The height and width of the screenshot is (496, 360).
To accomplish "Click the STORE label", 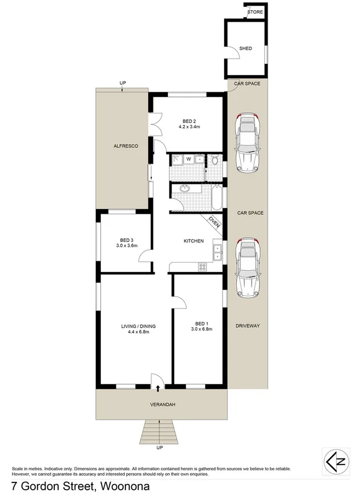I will click(254, 11).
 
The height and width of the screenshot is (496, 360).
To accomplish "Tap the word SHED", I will click(245, 49).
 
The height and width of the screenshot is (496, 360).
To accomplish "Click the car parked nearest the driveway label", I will click(248, 266).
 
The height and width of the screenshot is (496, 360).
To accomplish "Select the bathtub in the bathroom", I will click(217, 197).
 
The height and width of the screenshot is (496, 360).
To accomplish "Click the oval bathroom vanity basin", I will click(185, 189).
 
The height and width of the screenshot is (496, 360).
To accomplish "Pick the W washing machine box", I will click(188, 159).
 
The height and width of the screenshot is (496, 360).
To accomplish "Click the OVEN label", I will click(214, 223).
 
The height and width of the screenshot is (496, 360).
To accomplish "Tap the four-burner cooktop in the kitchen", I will click(202, 266).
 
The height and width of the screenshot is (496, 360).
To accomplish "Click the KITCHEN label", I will click(193, 241).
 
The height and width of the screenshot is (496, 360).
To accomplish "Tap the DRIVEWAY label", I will click(248, 326).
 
